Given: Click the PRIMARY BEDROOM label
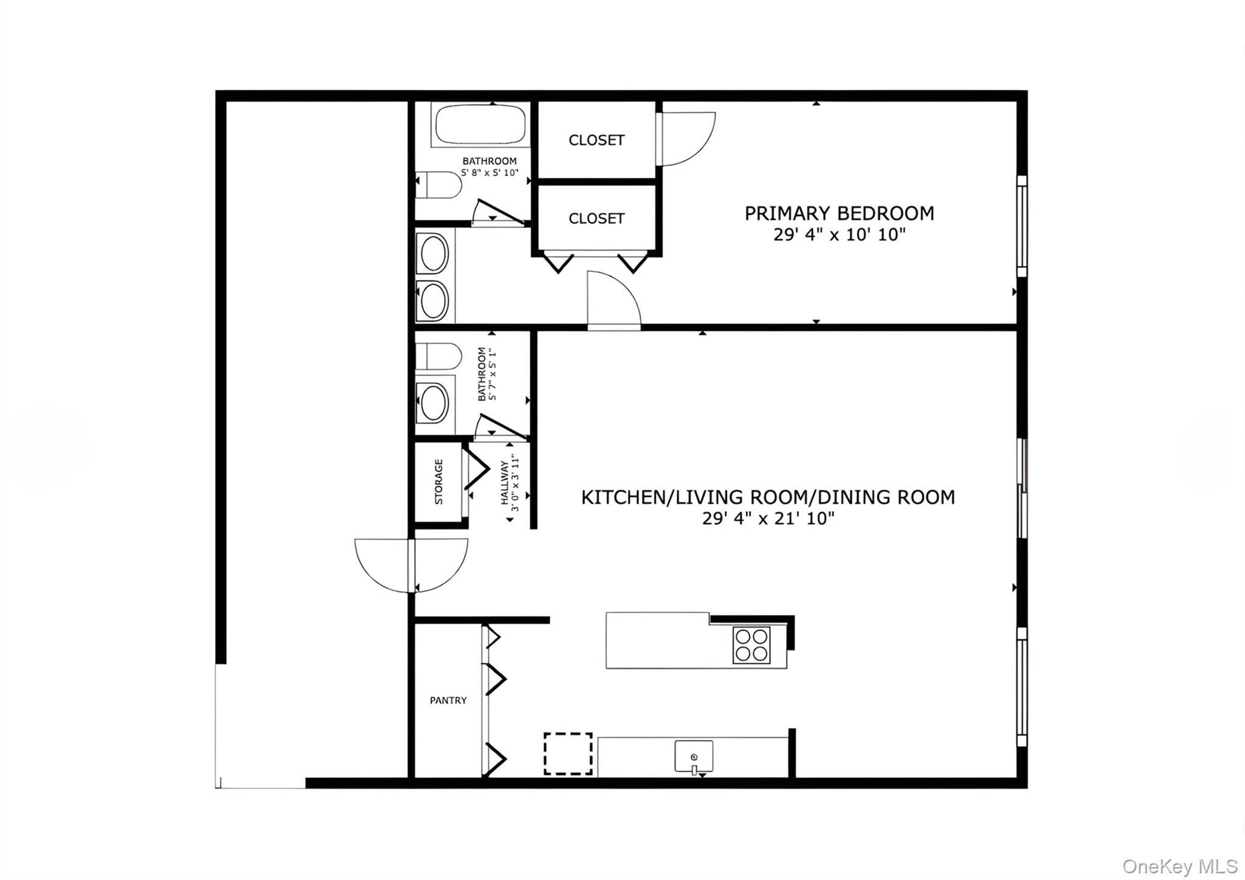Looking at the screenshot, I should (839, 213).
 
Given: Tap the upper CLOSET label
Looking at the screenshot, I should (596, 140).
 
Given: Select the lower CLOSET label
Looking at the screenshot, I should (596, 218).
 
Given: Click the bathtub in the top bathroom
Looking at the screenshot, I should (480, 125).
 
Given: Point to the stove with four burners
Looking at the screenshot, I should (751, 645).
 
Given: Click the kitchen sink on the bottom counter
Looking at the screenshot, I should (694, 756).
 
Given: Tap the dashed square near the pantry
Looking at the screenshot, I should (568, 754).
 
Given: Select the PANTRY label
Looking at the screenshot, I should (448, 701).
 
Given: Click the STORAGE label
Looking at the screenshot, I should (439, 482).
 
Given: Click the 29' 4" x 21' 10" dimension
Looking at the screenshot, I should (768, 519).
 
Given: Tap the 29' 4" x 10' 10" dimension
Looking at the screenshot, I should (839, 235).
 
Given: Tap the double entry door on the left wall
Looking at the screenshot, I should (412, 565).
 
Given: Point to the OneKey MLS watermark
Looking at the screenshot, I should (1179, 866).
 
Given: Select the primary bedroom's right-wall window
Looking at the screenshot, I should (1022, 227).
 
